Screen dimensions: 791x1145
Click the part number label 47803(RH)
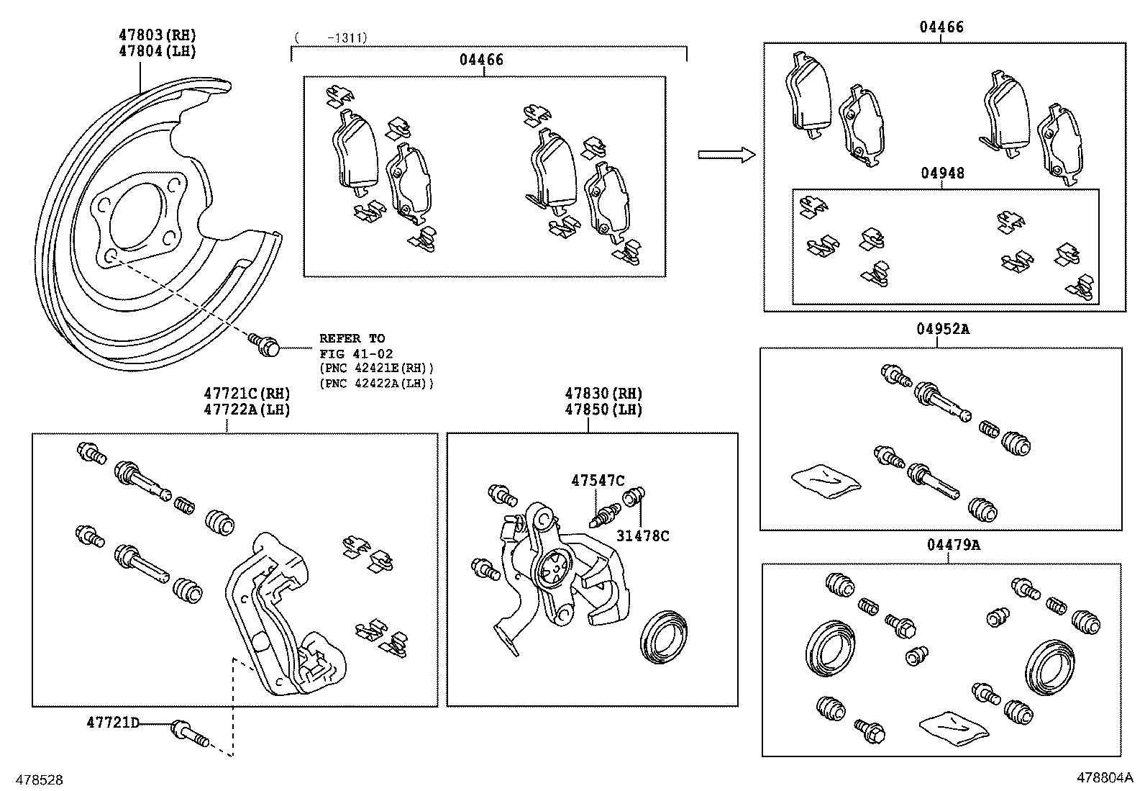coord(157,35)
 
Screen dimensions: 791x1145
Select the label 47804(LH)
coord(157,51)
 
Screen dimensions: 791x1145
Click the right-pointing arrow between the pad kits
coord(726,154)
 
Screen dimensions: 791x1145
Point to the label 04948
coord(941,173)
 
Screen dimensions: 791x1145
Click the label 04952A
coord(942,330)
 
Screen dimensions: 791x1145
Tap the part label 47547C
coord(598,480)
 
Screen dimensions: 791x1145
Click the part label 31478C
coord(642,535)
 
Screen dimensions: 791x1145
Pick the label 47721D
coord(113,722)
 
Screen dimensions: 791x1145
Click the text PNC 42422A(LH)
coord(377,384)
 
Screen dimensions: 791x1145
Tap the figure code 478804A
coord(1104,778)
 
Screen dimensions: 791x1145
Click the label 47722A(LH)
coord(246,410)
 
